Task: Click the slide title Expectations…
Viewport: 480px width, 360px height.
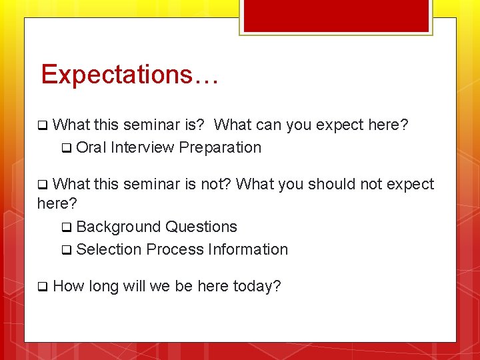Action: click(x=129, y=74)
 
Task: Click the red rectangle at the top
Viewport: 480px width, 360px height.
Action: click(x=336, y=15)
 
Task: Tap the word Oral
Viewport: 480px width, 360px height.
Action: click(x=91, y=147)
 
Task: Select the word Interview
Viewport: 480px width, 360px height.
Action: click(x=142, y=147)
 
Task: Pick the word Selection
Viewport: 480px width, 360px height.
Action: click(x=109, y=249)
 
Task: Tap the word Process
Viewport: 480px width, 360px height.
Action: click(x=175, y=249)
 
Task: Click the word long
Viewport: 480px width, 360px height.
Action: click(x=103, y=287)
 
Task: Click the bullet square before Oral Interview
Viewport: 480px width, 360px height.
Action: click(x=66, y=148)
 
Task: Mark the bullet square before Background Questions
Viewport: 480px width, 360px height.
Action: click(x=66, y=227)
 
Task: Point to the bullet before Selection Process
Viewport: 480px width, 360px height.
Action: click(x=66, y=251)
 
